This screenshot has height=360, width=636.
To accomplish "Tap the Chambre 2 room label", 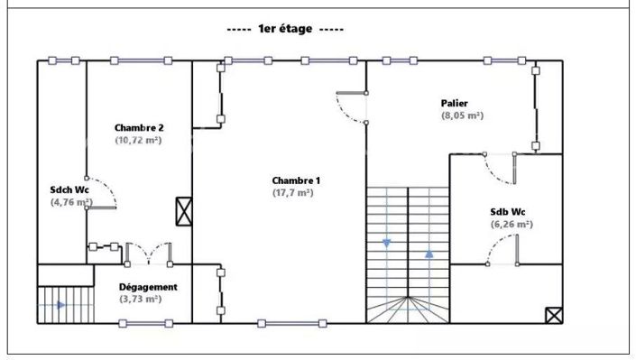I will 138,128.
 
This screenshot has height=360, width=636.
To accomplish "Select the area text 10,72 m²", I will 138,141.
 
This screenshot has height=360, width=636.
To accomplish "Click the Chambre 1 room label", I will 296,180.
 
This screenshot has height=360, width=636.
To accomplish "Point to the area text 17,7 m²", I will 293,193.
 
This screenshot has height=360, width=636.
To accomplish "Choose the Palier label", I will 455,103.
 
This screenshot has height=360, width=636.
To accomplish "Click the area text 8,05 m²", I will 461,115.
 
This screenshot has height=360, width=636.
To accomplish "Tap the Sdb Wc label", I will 508,212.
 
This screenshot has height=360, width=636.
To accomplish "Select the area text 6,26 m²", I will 511,225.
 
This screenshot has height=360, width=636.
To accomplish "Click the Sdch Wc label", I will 69,190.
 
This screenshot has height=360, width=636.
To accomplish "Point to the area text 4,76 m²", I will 71,203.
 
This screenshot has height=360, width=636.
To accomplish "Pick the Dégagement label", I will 148,287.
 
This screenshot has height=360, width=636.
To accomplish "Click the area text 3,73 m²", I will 140,300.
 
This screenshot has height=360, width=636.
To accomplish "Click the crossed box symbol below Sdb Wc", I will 553,315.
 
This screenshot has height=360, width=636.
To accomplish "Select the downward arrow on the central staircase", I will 387,243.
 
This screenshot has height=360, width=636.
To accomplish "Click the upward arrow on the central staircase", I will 429,254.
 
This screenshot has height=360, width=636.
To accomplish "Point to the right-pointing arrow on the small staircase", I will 60,305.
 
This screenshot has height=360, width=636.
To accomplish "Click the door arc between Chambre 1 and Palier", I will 350,106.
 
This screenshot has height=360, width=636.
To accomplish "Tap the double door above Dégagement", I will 148,252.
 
